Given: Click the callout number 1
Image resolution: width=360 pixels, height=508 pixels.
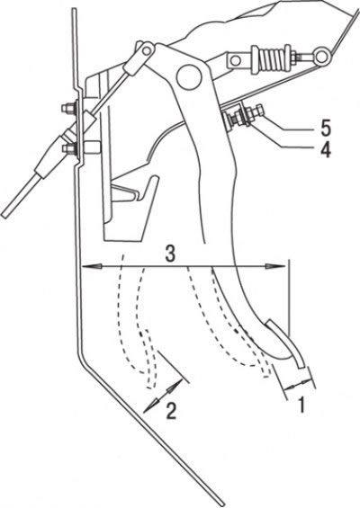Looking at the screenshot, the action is [x=301, y=405].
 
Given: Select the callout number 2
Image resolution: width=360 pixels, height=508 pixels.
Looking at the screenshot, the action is [x=171, y=411].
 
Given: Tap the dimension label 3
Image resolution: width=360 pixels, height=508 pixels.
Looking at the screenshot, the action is [x=170, y=254].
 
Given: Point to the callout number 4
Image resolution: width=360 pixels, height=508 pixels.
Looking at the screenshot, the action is [x=324, y=150].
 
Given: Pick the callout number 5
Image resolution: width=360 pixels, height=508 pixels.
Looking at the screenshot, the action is [x=325, y=129].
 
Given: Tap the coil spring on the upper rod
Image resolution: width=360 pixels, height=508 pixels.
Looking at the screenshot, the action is [x=274, y=58].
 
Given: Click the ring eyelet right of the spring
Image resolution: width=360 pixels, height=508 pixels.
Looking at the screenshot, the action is [x=321, y=56].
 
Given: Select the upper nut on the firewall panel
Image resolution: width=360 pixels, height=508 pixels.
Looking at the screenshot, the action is [x=68, y=107].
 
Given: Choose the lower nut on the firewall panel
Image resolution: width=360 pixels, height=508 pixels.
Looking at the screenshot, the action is [x=68, y=149].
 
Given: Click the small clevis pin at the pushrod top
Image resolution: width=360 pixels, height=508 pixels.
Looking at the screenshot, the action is [x=148, y=49].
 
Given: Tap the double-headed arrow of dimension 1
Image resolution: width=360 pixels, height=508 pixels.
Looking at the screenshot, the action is [x=299, y=384].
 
